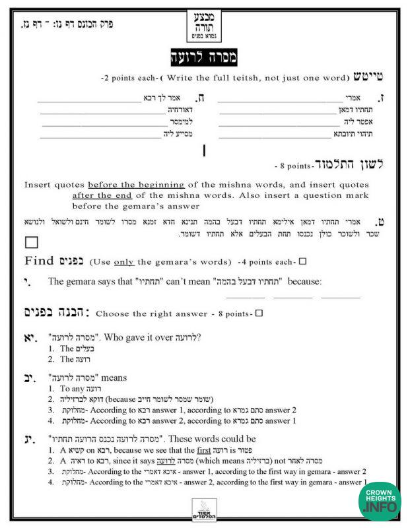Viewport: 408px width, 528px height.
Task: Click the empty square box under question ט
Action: tap(31, 242)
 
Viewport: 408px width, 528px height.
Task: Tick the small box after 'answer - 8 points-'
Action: tap(259, 313)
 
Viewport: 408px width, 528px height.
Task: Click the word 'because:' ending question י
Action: tap(304, 282)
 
